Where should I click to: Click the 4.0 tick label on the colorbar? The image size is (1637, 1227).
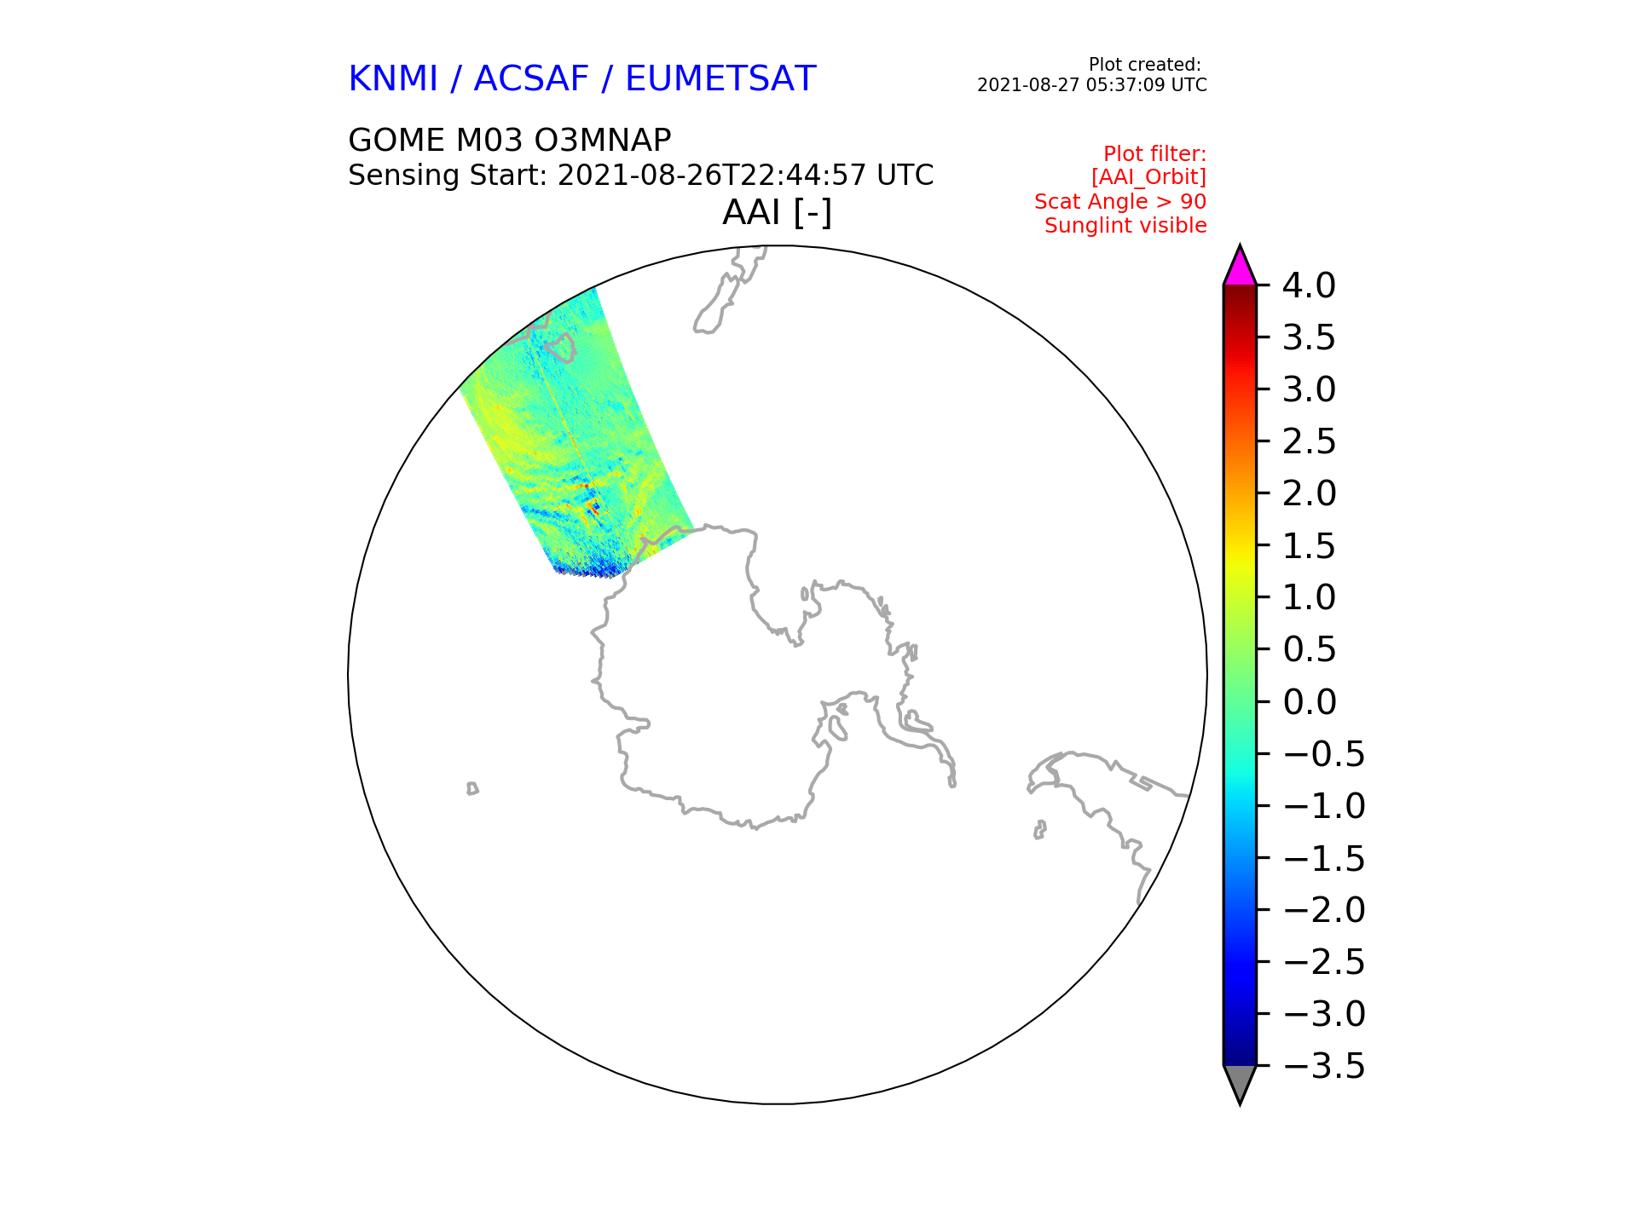pos(1309,285)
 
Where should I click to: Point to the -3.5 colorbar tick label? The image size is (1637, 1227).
pos(1324,1066)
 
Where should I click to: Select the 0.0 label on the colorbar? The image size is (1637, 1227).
pos(1309,702)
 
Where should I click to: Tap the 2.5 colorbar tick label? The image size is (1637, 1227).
pos(1309,441)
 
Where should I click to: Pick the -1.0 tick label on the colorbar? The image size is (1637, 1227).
pos(1324,806)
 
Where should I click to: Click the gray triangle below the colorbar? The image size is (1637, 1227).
pos(1240,1083)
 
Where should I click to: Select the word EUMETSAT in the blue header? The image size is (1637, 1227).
pos(720,79)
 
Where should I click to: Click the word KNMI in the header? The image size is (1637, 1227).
pos(393,79)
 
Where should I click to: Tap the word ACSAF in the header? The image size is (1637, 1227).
pos(531,79)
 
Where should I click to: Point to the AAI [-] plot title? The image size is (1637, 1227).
pos(777,212)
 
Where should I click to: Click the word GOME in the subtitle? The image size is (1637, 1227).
pos(396,140)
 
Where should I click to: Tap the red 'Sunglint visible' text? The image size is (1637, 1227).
pos(1125,226)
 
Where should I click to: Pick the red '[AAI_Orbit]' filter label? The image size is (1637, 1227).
pos(1148,177)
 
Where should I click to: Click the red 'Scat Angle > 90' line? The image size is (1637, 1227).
pos(1120,202)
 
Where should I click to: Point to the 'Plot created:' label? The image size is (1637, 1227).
pos(1145,65)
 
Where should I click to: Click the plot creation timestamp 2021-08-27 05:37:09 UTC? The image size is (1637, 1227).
pos(1092,85)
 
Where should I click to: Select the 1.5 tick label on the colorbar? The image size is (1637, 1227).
pos(1309,546)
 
